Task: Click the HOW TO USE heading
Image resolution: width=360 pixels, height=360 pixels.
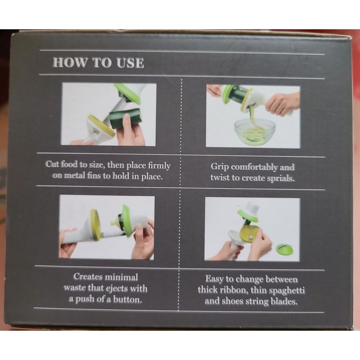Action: [98, 63]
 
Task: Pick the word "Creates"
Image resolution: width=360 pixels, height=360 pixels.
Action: [88, 277]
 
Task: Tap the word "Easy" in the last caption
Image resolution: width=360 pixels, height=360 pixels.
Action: [214, 279]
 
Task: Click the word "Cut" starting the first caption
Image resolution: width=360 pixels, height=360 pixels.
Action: [52, 164]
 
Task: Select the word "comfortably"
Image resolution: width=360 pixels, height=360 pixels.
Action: [254, 167]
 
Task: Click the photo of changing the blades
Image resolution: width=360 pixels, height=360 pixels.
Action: [252, 229]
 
